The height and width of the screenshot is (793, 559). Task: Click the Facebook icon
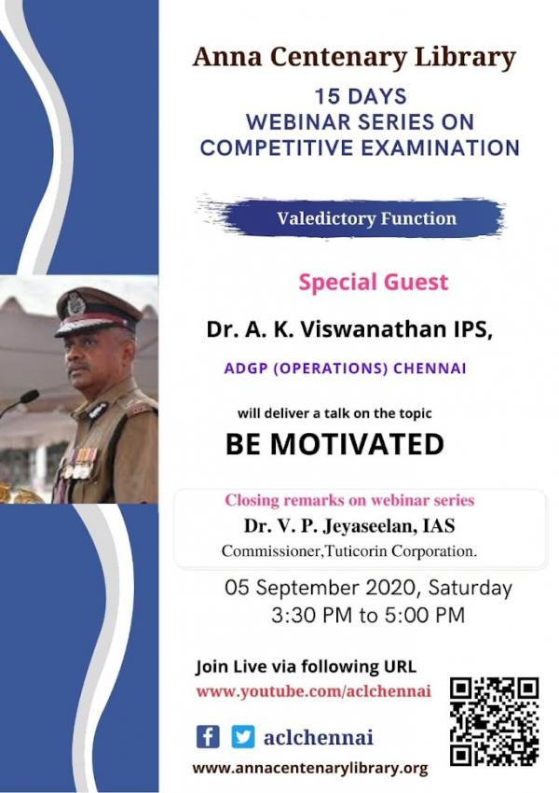pos(208,737)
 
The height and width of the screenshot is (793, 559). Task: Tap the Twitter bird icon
pos(243,737)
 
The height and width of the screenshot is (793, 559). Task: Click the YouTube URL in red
pos(314,691)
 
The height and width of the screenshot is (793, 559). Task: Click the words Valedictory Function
pos(366,218)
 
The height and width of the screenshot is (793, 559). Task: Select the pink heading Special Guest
pos(374,282)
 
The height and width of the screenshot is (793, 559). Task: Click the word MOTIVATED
pos(357,444)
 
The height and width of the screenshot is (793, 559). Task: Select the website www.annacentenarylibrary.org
pos(310,769)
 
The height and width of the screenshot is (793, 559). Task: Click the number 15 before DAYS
pos(326,97)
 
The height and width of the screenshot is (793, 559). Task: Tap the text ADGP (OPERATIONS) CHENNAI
pos(346,369)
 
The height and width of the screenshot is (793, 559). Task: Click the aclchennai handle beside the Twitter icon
pos(318,737)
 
